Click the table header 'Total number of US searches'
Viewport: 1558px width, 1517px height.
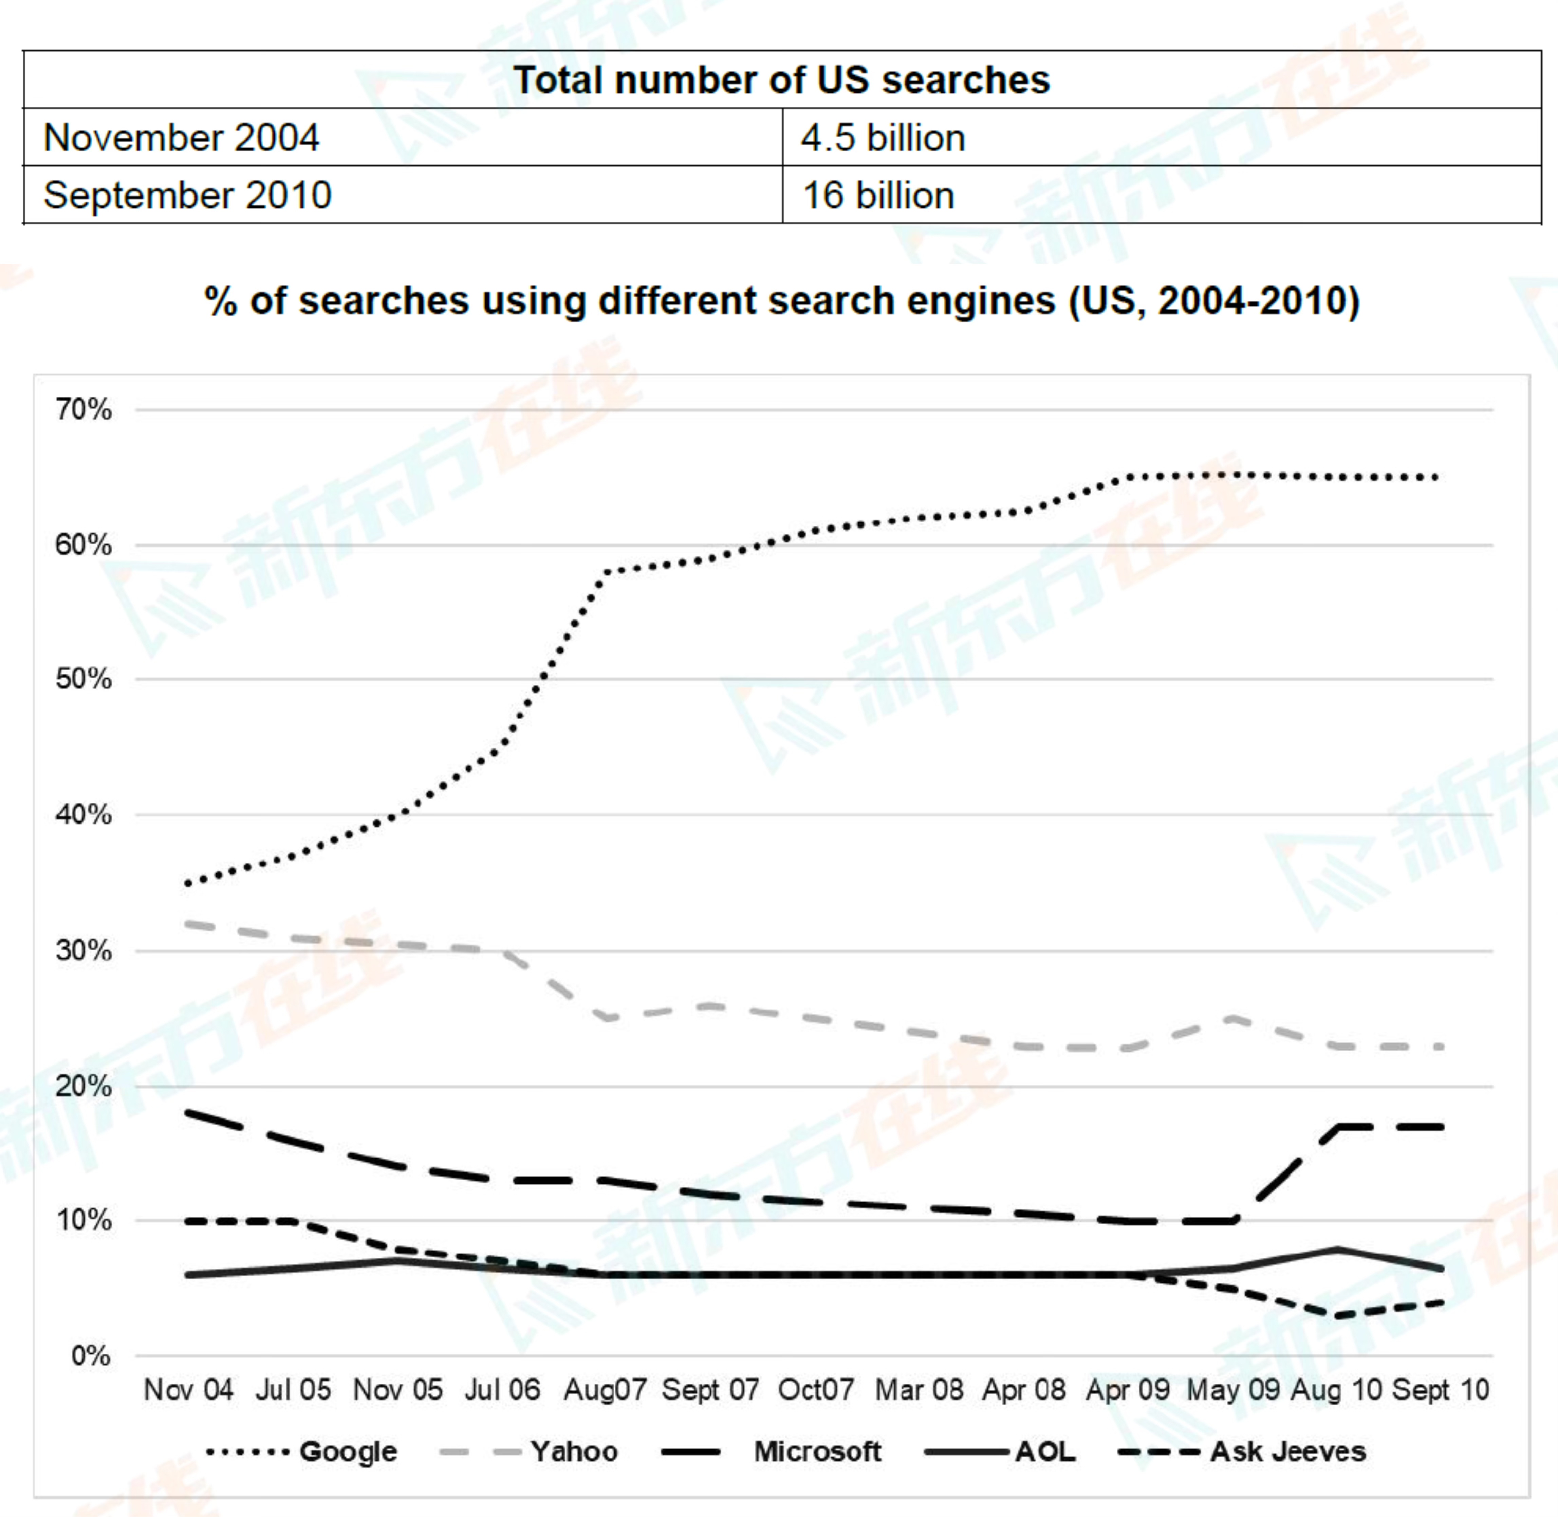[781, 80]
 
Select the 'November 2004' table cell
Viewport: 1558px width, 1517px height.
[182, 138]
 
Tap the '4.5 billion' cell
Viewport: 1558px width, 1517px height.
[883, 138]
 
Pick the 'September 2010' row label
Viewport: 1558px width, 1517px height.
[187, 195]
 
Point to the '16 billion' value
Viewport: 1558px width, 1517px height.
[878, 195]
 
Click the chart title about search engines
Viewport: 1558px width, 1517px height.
[781, 301]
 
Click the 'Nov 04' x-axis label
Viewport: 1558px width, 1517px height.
[188, 1390]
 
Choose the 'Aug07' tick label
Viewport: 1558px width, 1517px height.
[605, 1390]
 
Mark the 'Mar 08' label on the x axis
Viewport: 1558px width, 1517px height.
[919, 1390]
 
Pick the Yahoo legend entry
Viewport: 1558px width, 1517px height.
[574, 1452]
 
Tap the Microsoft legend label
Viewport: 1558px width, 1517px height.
[817, 1452]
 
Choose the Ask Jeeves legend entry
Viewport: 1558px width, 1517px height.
[1287, 1452]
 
